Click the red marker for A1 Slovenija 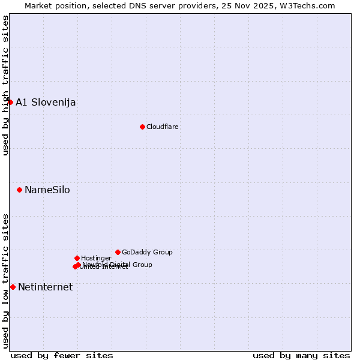[x=10, y=102]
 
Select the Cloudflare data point [x=142, y=127]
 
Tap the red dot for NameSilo [x=19, y=190]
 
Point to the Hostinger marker [x=77, y=258]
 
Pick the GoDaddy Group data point [x=118, y=252]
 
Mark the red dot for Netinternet [x=13, y=287]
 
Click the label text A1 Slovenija [x=46, y=102]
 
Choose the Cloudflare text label [x=163, y=127]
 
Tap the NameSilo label [x=47, y=190]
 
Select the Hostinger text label [x=96, y=258]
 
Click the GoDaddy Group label [x=147, y=252]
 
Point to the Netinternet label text [x=45, y=287]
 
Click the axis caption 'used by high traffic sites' [x=5, y=85]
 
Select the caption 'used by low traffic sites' [x=5, y=281]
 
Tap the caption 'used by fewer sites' [x=62, y=355]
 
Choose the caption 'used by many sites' [x=301, y=355]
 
